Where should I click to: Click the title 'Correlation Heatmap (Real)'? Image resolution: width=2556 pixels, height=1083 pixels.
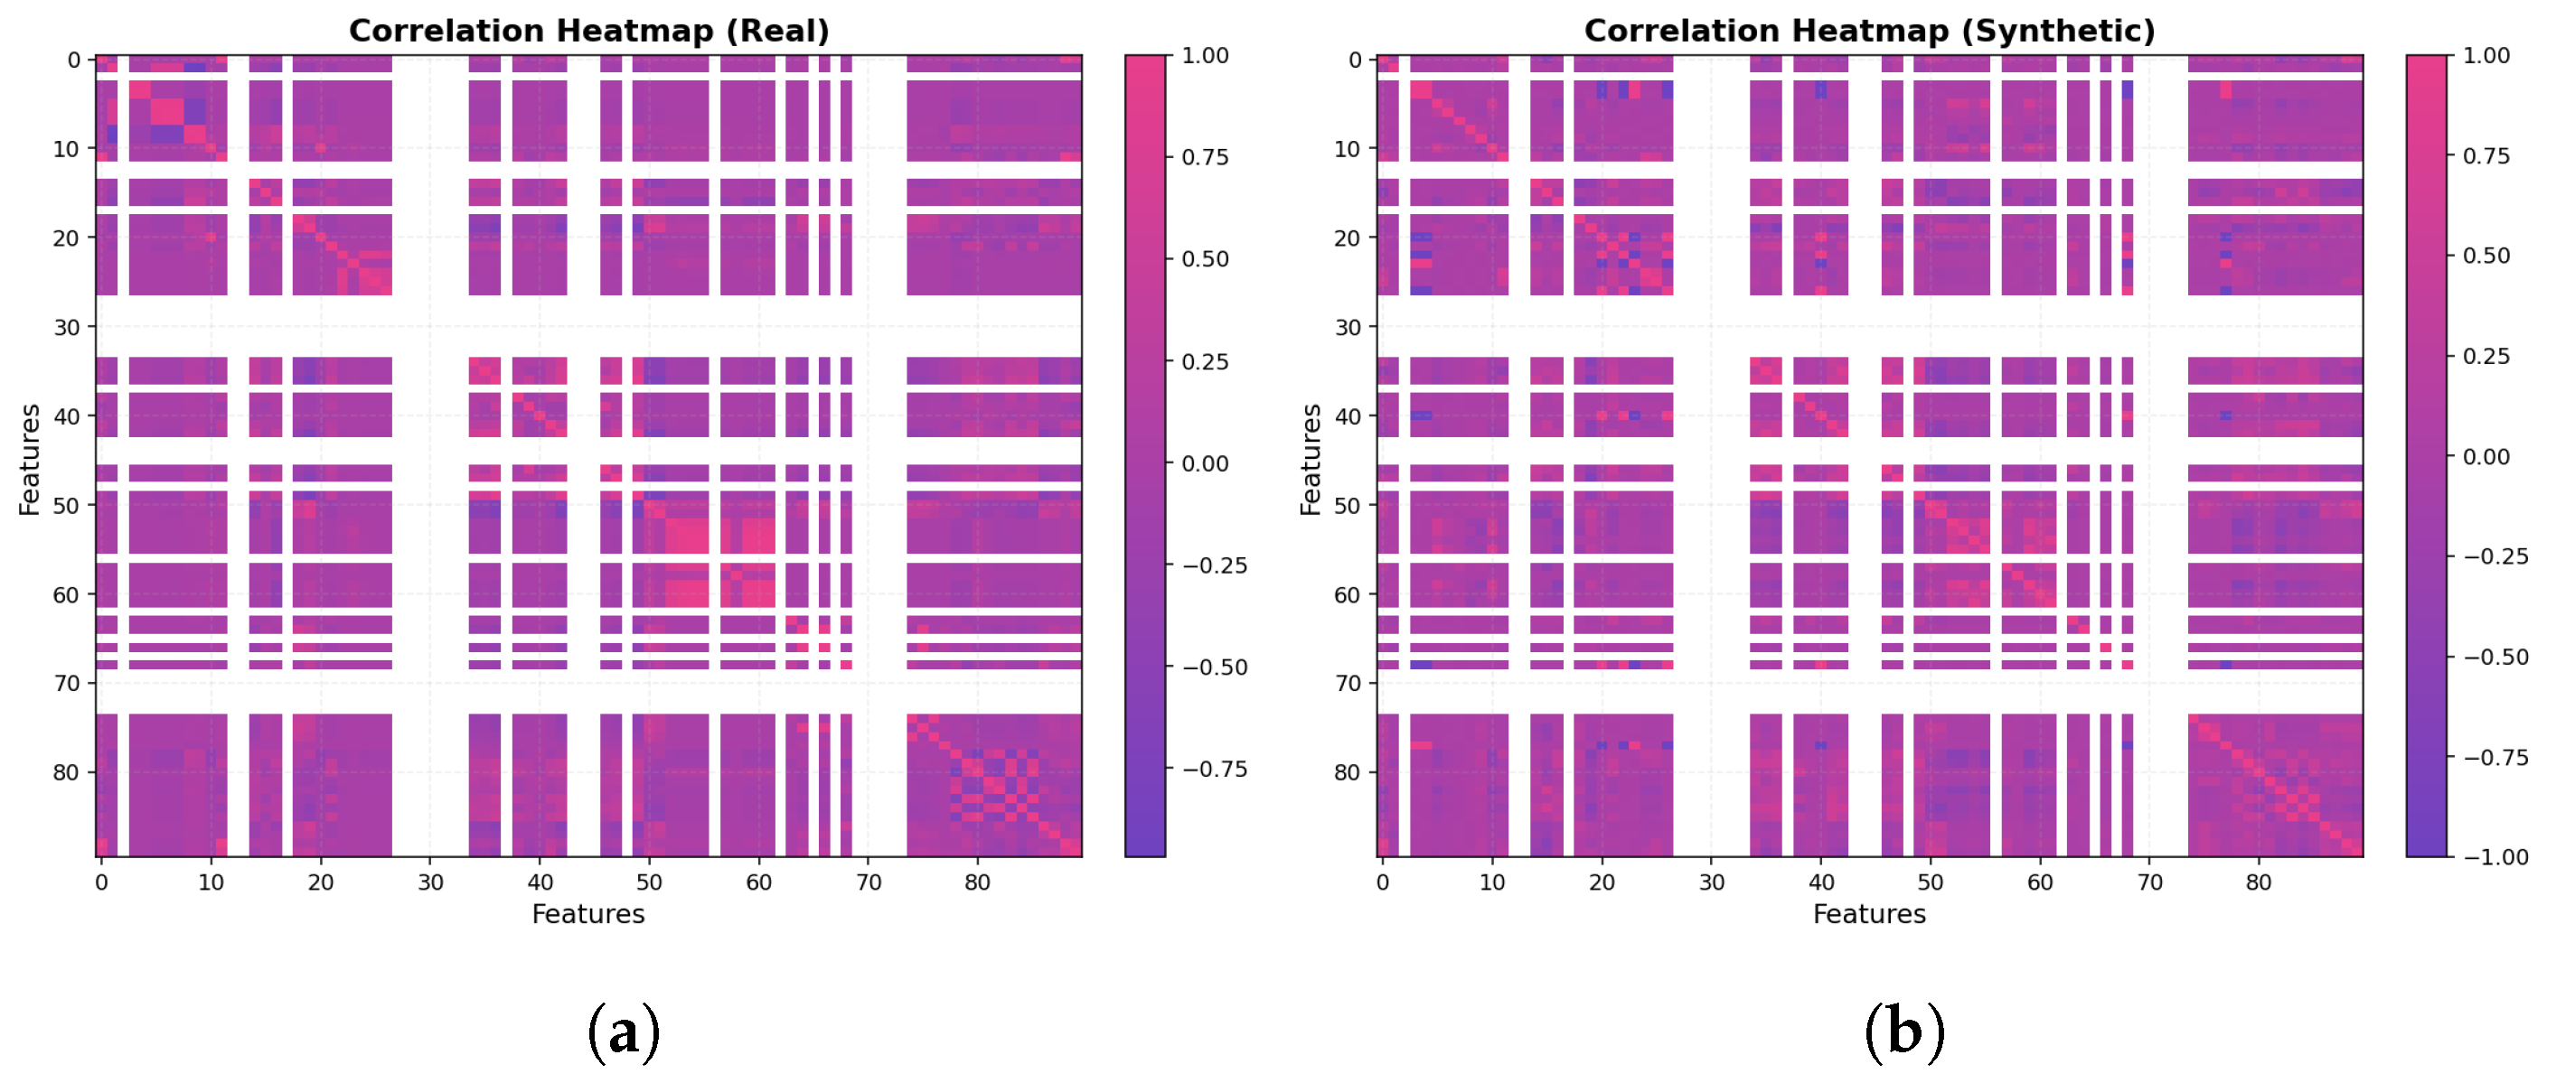coord(588,31)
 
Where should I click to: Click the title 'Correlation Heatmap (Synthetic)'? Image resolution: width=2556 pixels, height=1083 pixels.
coord(1869,31)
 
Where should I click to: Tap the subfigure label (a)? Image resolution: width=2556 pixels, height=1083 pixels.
coord(623,1032)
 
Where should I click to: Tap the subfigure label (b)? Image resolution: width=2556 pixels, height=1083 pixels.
coord(1904,1032)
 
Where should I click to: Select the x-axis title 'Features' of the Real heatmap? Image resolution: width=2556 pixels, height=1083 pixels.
coord(588,914)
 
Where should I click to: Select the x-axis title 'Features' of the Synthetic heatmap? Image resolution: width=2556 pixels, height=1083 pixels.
coord(1869,914)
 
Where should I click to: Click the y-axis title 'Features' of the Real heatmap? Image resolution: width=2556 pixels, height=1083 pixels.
coord(30,459)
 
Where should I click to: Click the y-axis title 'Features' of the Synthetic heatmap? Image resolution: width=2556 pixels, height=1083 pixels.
coord(1311,459)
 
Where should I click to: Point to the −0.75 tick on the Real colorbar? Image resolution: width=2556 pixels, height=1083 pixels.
coord(1215,770)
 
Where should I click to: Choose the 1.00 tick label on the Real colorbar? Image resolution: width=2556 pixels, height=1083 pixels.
coord(1205,55)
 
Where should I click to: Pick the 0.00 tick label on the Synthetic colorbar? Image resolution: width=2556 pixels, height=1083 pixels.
coord(2486,456)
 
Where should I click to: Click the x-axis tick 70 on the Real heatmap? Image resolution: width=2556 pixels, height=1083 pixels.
coord(869,882)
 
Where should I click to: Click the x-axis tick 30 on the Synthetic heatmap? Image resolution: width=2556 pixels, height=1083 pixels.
coord(1712,882)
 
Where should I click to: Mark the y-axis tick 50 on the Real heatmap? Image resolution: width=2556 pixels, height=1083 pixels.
coord(67,505)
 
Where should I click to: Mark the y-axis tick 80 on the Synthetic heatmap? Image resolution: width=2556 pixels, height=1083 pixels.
coord(1348,771)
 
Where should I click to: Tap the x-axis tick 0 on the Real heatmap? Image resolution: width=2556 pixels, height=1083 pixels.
coord(101,882)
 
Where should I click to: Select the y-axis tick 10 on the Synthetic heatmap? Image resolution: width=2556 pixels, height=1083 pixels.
coord(1348,149)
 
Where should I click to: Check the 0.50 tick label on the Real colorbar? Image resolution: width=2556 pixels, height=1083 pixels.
coord(1205,259)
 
